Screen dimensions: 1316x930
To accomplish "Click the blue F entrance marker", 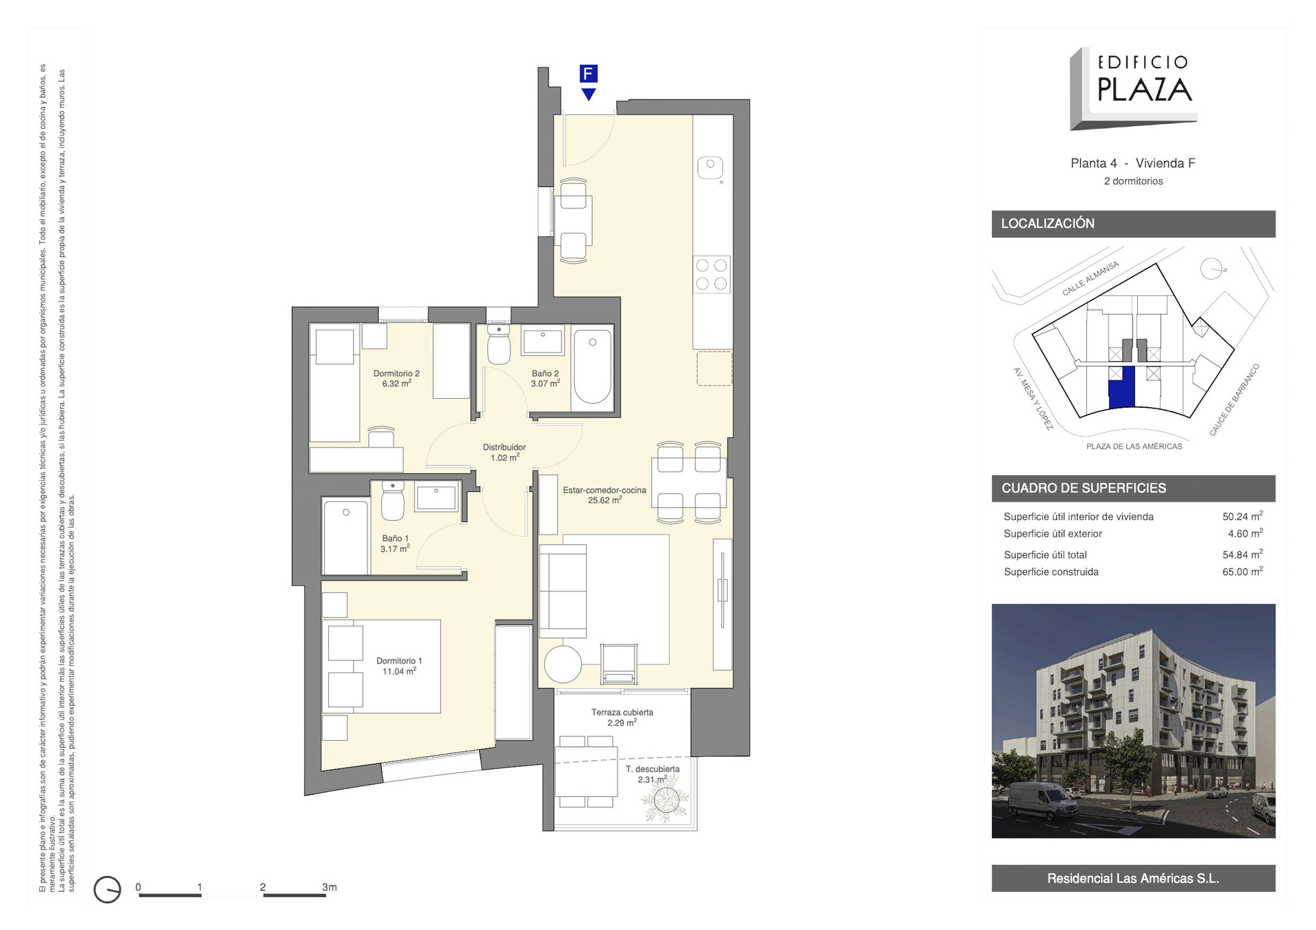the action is pos(588,74).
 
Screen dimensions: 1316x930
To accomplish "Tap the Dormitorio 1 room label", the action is pos(399,666).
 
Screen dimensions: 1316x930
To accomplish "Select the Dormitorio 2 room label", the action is pos(396,378).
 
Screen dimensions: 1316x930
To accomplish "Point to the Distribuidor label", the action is pos(504,452).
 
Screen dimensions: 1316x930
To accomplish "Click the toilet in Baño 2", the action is pos(499,345).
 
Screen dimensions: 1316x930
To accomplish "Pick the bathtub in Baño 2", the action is pos(592,367).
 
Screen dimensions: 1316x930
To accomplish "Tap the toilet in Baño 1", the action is pos(393,500).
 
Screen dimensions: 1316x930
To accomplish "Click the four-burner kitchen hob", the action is pos(711,274).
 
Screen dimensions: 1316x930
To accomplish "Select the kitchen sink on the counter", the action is pos(710,167).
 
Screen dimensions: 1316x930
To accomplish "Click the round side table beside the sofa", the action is pos(563,664).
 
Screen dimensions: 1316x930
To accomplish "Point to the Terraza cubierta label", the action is pos(622,718).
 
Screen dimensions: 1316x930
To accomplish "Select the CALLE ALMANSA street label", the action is pos(1090,278).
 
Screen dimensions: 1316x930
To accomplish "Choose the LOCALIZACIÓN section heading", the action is pos(1047,223).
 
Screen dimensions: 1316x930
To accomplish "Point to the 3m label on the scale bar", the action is pos(329,887).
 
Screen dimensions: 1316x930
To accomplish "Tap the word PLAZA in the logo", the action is pos(1144,89).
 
